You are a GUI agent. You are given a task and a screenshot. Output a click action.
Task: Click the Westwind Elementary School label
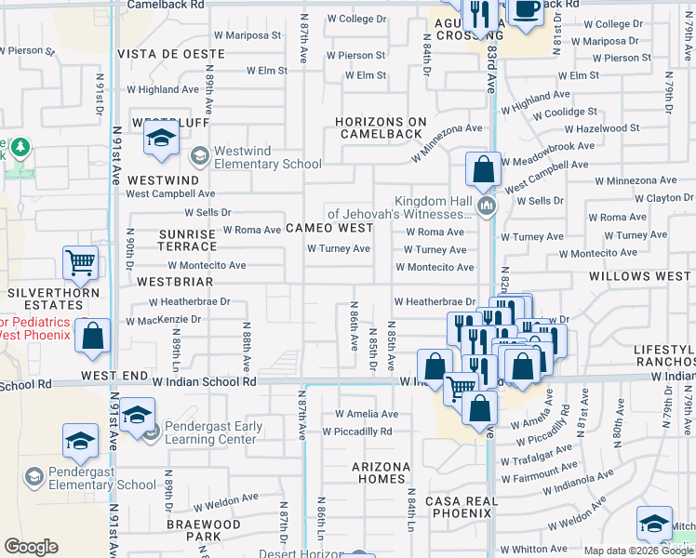268,157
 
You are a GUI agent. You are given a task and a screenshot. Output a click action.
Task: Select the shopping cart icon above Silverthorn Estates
81,264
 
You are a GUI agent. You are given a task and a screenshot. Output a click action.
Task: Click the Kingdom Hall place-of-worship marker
485,204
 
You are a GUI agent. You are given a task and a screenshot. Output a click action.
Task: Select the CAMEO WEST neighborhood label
329,228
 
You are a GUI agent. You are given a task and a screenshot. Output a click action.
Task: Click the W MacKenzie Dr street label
164,320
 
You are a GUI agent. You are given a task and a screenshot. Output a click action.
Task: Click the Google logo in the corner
31,547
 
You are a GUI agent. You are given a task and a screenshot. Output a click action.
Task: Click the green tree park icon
19,147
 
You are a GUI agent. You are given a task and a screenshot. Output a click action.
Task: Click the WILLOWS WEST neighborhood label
639,276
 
